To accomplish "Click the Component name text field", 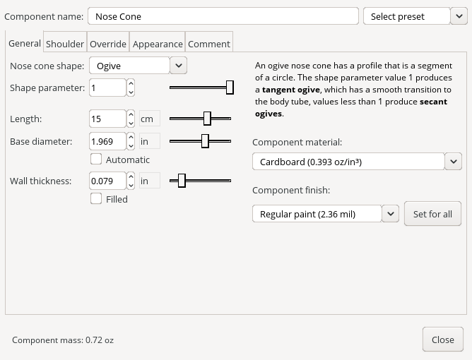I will click(x=223, y=16).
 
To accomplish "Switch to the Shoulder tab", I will click(x=65, y=44).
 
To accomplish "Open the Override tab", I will click(x=108, y=44).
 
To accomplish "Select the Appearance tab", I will click(x=158, y=44).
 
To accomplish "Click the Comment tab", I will click(x=208, y=44).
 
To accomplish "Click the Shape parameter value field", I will click(x=107, y=88).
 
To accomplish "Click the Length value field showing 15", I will click(x=107, y=119).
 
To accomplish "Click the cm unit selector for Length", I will click(x=149, y=119).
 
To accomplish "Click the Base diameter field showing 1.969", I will click(x=107, y=142).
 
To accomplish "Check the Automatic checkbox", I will click(x=96, y=160).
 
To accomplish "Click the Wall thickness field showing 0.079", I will click(x=107, y=181).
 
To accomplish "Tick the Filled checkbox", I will click(x=96, y=199).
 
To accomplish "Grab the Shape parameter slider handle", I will click(x=230, y=88).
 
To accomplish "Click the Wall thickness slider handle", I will click(x=182, y=181).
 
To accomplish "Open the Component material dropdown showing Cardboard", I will click(x=357, y=162).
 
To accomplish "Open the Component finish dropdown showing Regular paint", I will click(x=326, y=214).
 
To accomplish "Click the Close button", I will click(x=442, y=340).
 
